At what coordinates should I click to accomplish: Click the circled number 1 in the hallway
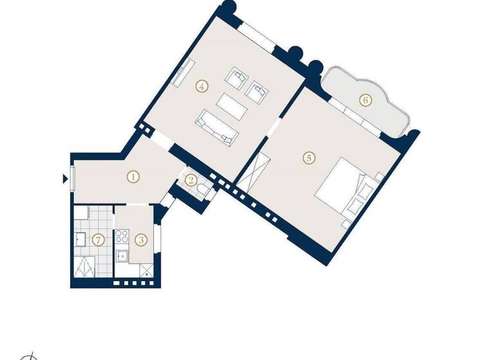(x=133, y=175)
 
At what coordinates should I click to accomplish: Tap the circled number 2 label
(x=190, y=181)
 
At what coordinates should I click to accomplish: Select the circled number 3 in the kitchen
(x=142, y=240)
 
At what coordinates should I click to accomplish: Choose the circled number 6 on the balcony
(x=365, y=100)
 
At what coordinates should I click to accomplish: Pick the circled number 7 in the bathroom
(x=98, y=240)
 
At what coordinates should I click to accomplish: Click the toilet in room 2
(x=203, y=188)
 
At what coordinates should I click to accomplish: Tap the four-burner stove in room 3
(x=120, y=237)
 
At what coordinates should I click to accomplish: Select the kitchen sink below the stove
(x=120, y=256)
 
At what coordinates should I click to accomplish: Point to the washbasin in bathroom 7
(x=80, y=240)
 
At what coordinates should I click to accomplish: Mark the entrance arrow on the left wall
(x=65, y=179)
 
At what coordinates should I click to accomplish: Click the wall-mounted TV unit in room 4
(x=183, y=73)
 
